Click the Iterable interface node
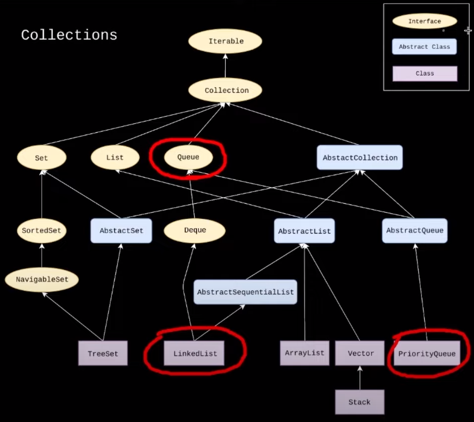point(225,41)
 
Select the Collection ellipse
point(225,90)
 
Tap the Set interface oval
point(42,158)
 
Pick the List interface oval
point(115,157)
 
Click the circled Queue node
point(188,157)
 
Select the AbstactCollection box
point(360,157)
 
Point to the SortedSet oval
point(42,231)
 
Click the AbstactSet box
point(121,231)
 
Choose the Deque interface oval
point(195,231)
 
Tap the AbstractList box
point(305,231)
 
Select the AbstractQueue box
point(415,231)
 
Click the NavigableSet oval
point(42,279)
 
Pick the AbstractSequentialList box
point(245,292)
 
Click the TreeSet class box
point(103,353)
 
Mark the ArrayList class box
point(305,353)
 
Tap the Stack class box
point(360,402)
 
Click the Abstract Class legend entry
point(424,47)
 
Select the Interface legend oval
point(425,21)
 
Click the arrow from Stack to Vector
point(360,378)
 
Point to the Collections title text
point(69,35)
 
